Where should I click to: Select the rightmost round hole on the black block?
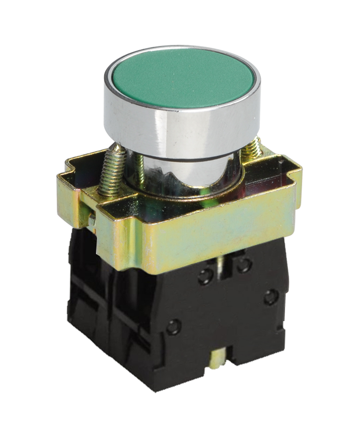[x=271, y=297]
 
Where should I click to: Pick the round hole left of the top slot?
[x=206, y=276]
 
